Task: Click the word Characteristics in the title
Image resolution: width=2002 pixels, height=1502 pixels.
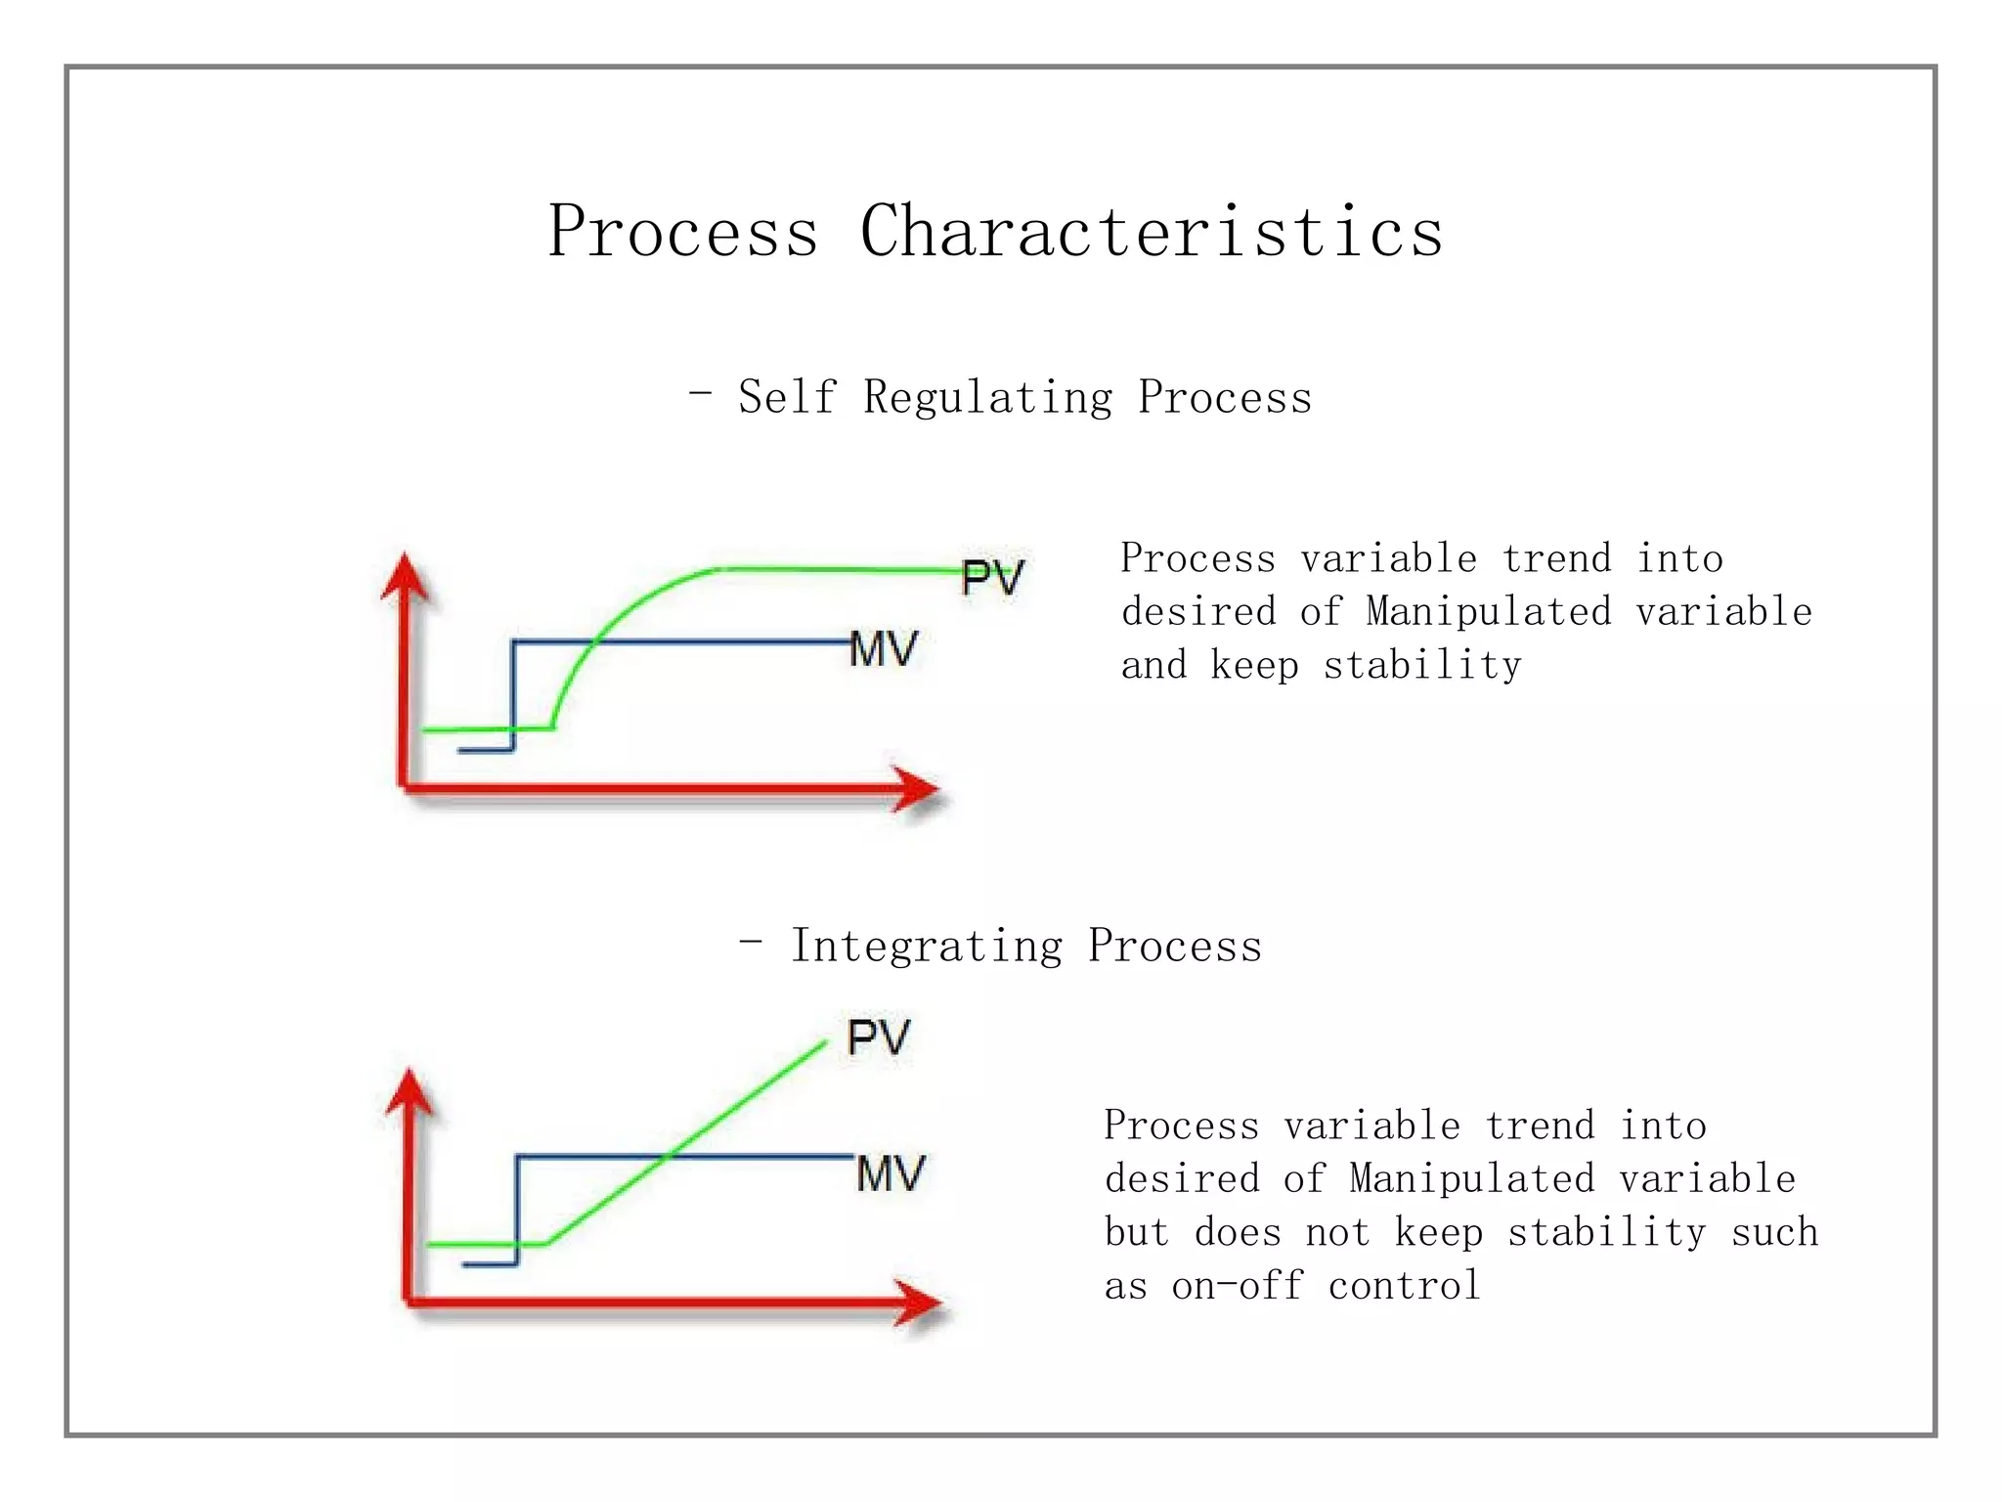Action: [x=1151, y=232]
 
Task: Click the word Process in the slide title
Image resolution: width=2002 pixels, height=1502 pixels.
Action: [x=682, y=232]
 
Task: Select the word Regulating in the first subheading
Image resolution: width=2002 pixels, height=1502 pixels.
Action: [x=987, y=398]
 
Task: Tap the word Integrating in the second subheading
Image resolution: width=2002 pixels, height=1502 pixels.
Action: [x=927, y=947]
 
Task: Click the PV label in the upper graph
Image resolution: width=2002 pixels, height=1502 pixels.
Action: [x=991, y=578]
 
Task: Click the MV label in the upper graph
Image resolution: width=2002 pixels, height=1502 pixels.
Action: [x=884, y=649]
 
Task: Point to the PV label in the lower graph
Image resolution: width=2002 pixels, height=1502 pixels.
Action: [x=878, y=1038]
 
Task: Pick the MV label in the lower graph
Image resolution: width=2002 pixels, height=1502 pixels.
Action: [x=890, y=1173]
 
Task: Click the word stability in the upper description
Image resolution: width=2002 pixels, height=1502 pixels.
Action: [x=1422, y=666]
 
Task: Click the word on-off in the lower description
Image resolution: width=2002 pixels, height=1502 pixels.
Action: [x=1238, y=1286]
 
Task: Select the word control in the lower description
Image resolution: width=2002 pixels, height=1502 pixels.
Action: [x=1404, y=1286]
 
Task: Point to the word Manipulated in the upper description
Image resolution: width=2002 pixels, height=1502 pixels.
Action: [x=1488, y=612]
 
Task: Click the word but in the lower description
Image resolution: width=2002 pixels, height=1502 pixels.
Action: [x=1136, y=1232]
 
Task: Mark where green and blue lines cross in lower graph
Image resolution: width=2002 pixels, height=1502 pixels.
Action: [x=669, y=1157]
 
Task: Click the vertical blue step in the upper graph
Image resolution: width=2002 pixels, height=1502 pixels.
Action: [x=513, y=694]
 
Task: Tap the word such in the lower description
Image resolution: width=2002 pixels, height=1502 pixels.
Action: [x=1774, y=1232]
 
